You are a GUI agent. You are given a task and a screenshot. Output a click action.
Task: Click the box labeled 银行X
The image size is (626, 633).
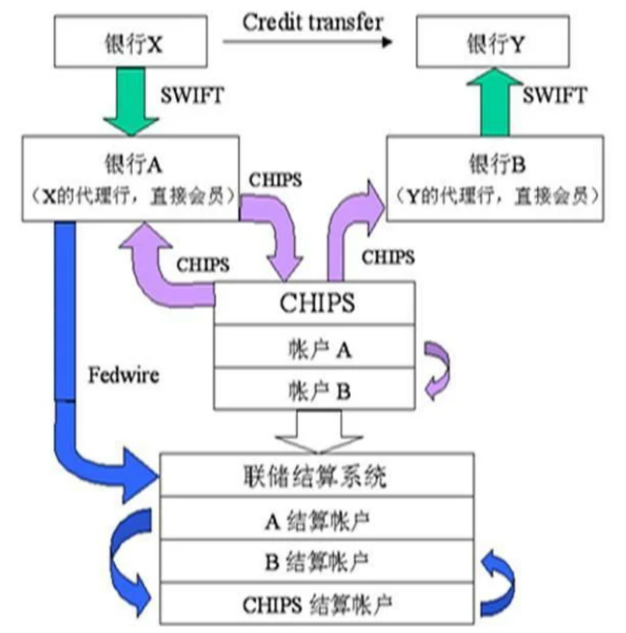(x=131, y=41)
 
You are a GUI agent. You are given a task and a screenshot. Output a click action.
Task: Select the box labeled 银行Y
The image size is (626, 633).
(x=493, y=41)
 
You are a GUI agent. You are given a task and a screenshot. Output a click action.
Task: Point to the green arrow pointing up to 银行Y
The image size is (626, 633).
(x=495, y=102)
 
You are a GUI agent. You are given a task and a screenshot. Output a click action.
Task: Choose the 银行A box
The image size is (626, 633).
(x=131, y=177)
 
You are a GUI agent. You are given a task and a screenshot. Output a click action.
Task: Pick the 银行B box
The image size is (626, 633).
(x=495, y=177)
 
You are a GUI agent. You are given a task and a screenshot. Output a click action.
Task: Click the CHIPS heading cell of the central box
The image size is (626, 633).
(x=315, y=303)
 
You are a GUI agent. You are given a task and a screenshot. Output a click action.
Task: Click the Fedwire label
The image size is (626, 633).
(x=123, y=374)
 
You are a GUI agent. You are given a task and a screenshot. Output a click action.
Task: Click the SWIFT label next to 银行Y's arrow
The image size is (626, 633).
(x=554, y=95)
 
